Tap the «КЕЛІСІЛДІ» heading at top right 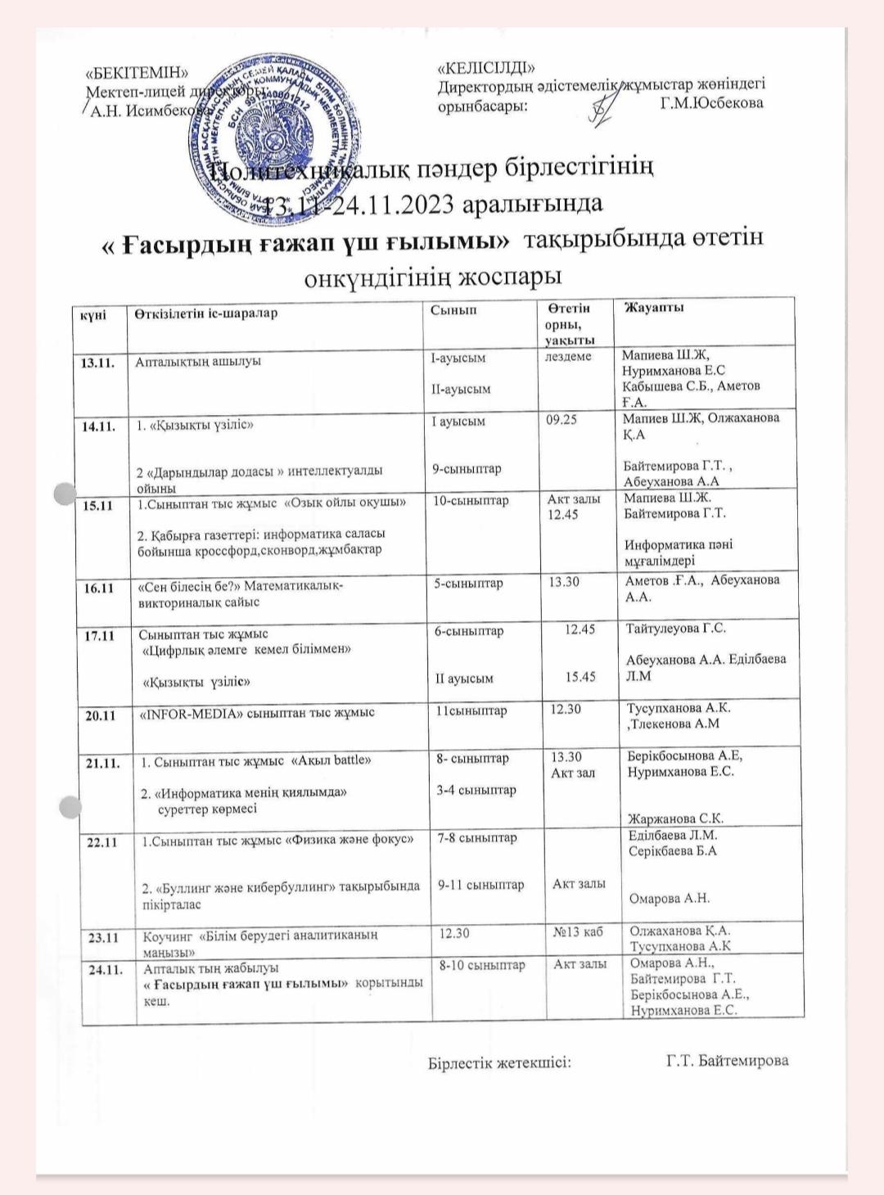(x=486, y=67)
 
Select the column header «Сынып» (x=453, y=310)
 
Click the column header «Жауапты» (x=654, y=308)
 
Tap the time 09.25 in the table (x=562, y=420)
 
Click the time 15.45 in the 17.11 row (x=581, y=677)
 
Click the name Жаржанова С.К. (x=675, y=818)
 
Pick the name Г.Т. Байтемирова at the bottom (x=728, y=1061)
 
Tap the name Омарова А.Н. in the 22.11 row (x=669, y=899)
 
